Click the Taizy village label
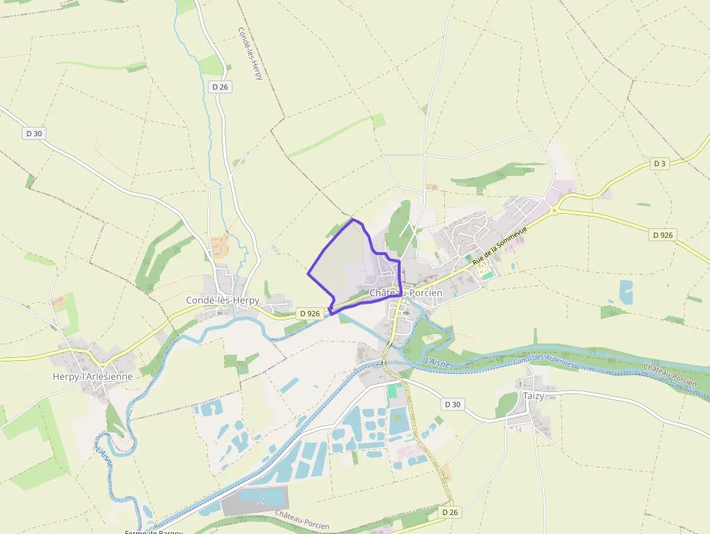coord(532,396)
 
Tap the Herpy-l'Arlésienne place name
coord(93,376)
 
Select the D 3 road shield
coord(659,164)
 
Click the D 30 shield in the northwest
coord(34,133)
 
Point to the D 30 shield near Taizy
coord(452,404)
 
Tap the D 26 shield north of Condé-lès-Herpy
coord(220,87)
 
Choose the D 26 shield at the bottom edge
coord(450,512)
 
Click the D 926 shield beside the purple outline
coord(309,314)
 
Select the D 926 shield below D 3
coord(663,235)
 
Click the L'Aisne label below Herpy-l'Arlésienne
coord(104,456)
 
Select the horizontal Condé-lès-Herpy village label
coord(222,300)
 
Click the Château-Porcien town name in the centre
coord(406,293)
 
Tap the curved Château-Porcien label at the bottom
coord(302,520)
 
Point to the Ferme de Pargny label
coord(154,531)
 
